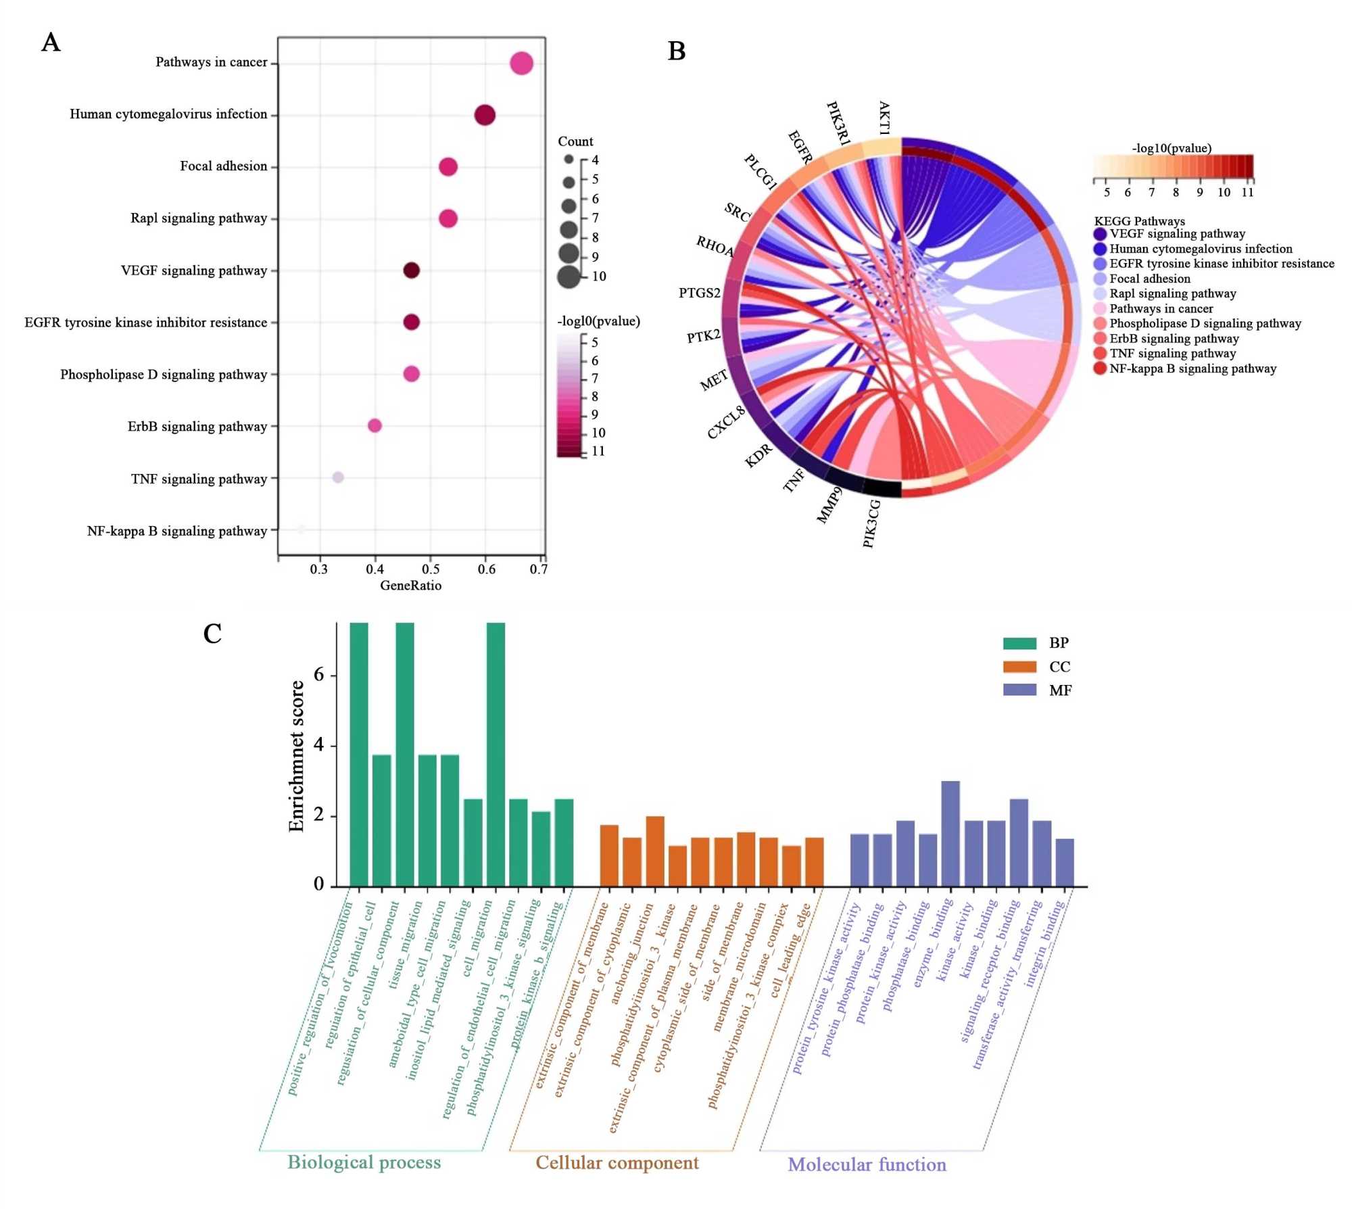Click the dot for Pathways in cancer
click(521, 64)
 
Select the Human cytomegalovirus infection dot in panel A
click(485, 115)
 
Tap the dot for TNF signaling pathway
click(338, 477)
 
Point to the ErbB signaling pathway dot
click(375, 425)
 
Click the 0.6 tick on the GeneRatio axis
click(486, 569)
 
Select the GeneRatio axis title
click(410, 586)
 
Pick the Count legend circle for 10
click(569, 277)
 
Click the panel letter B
click(676, 51)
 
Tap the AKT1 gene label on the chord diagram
click(884, 118)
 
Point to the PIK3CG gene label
click(872, 523)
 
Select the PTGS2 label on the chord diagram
click(699, 293)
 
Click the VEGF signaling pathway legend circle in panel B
click(1100, 234)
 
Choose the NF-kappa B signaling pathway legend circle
click(1100, 369)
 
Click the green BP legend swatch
click(1019, 643)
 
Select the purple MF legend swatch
click(1019, 690)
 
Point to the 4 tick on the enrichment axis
click(318, 745)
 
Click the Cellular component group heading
click(617, 1162)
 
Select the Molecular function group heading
click(867, 1164)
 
